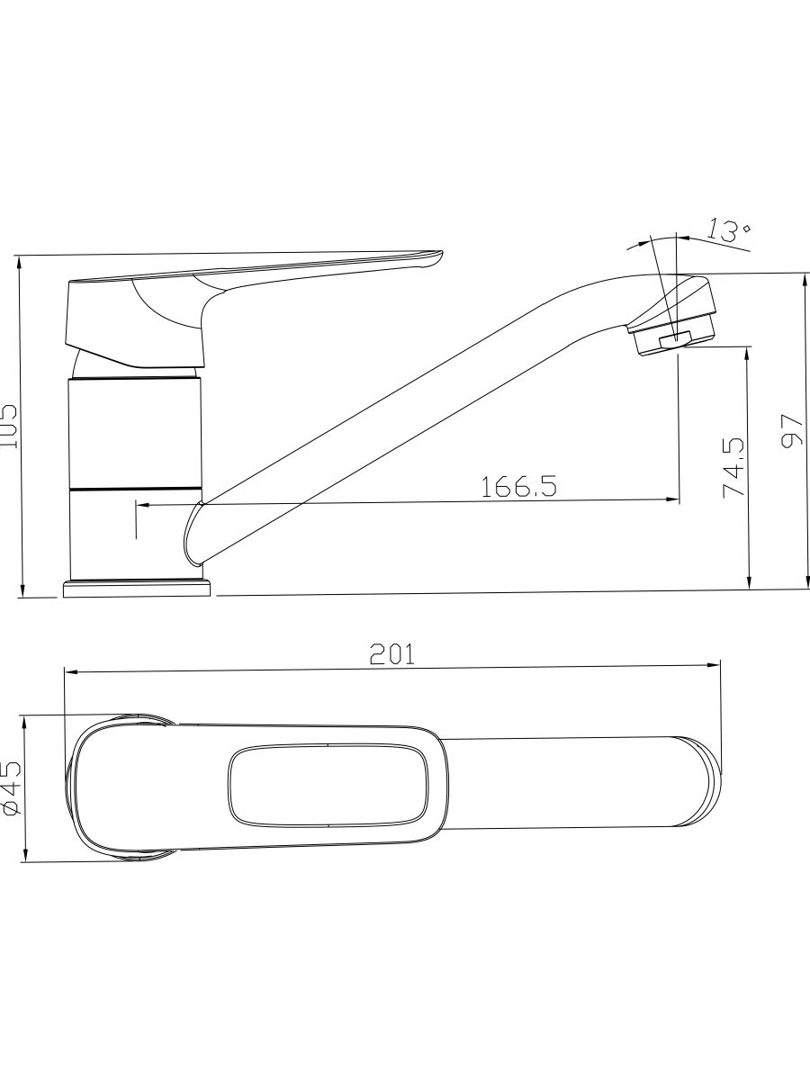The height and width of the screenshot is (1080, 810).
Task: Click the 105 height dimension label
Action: click(10, 426)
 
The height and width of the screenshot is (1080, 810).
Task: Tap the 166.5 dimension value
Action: click(519, 487)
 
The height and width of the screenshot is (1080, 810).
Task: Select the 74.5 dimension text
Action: click(733, 468)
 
